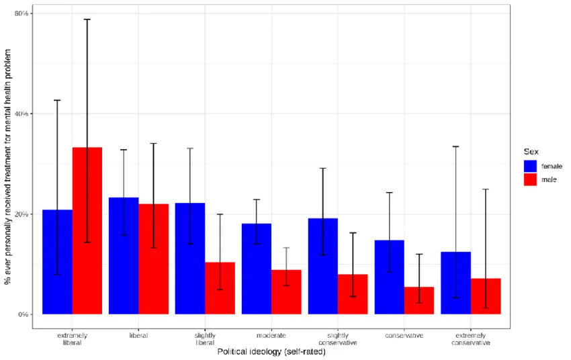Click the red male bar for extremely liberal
pos(87,231)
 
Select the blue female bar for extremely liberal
pos(58,262)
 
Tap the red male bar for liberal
pos(154,259)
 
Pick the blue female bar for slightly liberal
pos(190,259)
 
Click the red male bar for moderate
pos(287,292)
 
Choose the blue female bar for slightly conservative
pos(323,267)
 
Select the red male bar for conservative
pos(419,301)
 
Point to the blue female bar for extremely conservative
pos(456,283)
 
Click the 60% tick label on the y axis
pos(21,13)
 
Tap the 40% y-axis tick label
pos(21,114)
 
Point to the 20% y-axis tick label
pos(21,214)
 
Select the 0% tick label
pos(24,314)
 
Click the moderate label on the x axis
pos(271,335)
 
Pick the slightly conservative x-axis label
pos(338,339)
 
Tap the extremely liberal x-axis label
pos(72,339)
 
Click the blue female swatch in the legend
pos(530,166)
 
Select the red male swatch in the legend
pos(530,179)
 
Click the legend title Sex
pos(531,151)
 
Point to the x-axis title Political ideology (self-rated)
pos(271,352)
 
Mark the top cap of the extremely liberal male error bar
pos(87,19)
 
